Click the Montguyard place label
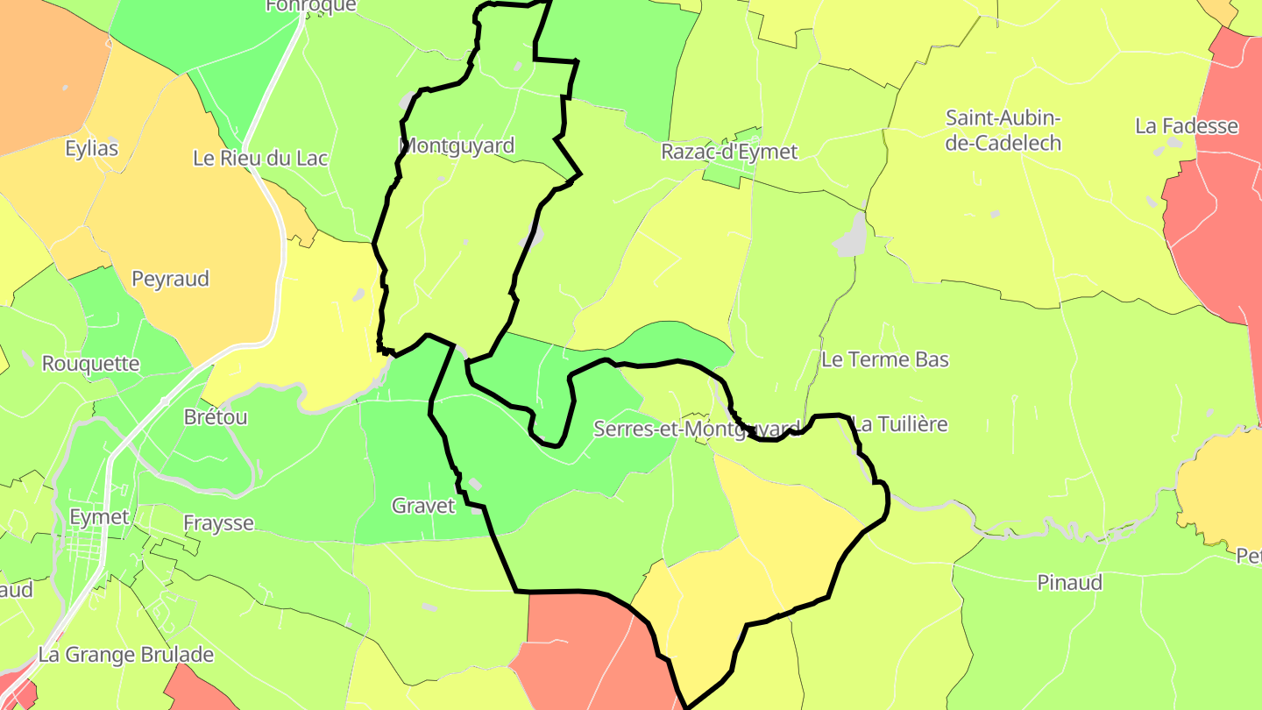click(457, 146)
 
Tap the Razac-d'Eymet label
click(729, 152)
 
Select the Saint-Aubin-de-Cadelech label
click(1003, 131)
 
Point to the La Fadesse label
click(1187, 126)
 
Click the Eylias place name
click(91, 148)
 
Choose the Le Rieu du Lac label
click(260, 159)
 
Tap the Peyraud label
click(170, 279)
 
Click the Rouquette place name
click(90, 363)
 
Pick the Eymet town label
click(99, 517)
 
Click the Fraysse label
click(218, 523)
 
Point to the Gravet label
click(423, 506)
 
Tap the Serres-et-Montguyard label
click(697, 430)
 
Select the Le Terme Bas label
click(885, 359)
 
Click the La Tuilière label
click(901, 424)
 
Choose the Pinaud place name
click(1069, 583)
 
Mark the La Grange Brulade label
click(126, 655)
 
